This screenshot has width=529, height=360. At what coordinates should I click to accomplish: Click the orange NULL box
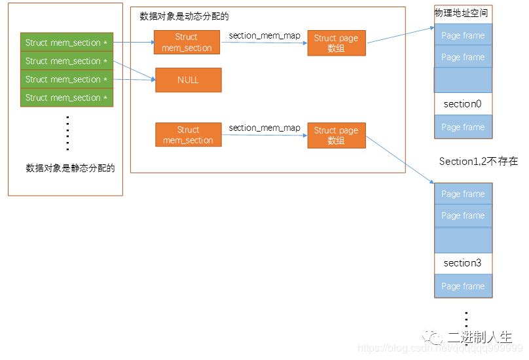[188, 80]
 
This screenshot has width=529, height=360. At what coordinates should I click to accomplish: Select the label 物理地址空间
[461, 13]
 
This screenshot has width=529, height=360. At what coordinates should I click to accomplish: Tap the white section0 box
[462, 104]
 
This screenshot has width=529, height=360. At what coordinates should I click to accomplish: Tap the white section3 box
[462, 263]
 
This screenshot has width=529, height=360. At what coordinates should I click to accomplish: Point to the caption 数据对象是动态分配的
[184, 16]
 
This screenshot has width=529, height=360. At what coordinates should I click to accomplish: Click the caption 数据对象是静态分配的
[70, 168]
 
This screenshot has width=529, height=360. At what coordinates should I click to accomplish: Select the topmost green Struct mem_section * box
[67, 43]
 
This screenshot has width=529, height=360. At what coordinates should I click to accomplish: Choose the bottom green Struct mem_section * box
[67, 98]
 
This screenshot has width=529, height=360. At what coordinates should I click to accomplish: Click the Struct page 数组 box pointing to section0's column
[336, 43]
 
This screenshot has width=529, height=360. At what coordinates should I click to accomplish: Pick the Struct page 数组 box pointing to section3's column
[336, 135]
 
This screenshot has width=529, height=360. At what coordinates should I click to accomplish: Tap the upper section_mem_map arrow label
[264, 35]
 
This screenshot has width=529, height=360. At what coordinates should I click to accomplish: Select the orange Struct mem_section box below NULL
[188, 135]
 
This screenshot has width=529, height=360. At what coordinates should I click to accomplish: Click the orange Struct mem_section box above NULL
[187, 43]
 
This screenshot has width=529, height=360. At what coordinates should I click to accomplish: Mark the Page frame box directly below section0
[462, 127]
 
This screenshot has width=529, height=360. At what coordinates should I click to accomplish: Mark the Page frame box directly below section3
[462, 286]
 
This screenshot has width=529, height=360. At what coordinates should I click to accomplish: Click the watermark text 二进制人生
[479, 338]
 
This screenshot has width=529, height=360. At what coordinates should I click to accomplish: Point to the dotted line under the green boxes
[67, 133]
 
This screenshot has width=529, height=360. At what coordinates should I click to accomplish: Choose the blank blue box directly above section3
[462, 240]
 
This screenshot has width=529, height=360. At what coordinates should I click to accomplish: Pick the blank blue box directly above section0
[462, 81]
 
